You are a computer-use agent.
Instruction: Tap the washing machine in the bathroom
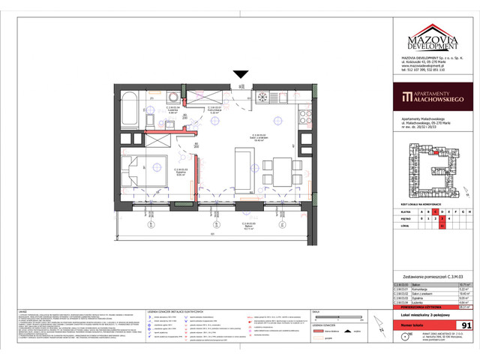174,97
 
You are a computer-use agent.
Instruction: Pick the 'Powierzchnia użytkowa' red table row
424,306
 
